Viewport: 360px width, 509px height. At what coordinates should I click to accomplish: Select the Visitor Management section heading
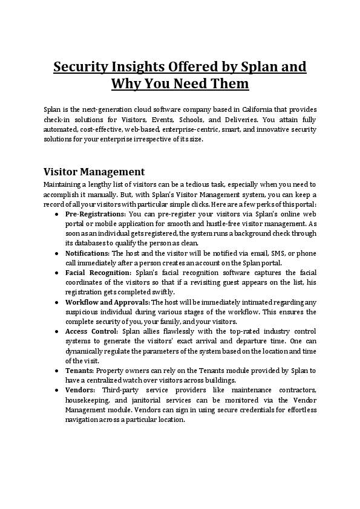(x=94, y=171)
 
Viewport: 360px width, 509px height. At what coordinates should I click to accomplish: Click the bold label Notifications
(x=87, y=253)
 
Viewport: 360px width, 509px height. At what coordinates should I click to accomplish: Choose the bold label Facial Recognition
(x=97, y=273)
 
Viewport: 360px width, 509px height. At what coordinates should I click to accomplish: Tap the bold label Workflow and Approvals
(x=107, y=302)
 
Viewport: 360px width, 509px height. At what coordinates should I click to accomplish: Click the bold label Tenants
(x=80, y=370)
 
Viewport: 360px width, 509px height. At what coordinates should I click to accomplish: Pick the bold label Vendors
(x=80, y=390)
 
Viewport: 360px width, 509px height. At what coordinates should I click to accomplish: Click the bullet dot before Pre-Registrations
(x=56, y=214)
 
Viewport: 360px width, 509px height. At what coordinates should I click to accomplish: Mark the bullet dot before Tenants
(x=56, y=370)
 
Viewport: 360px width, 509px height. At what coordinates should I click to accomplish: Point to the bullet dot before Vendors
(x=56, y=390)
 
